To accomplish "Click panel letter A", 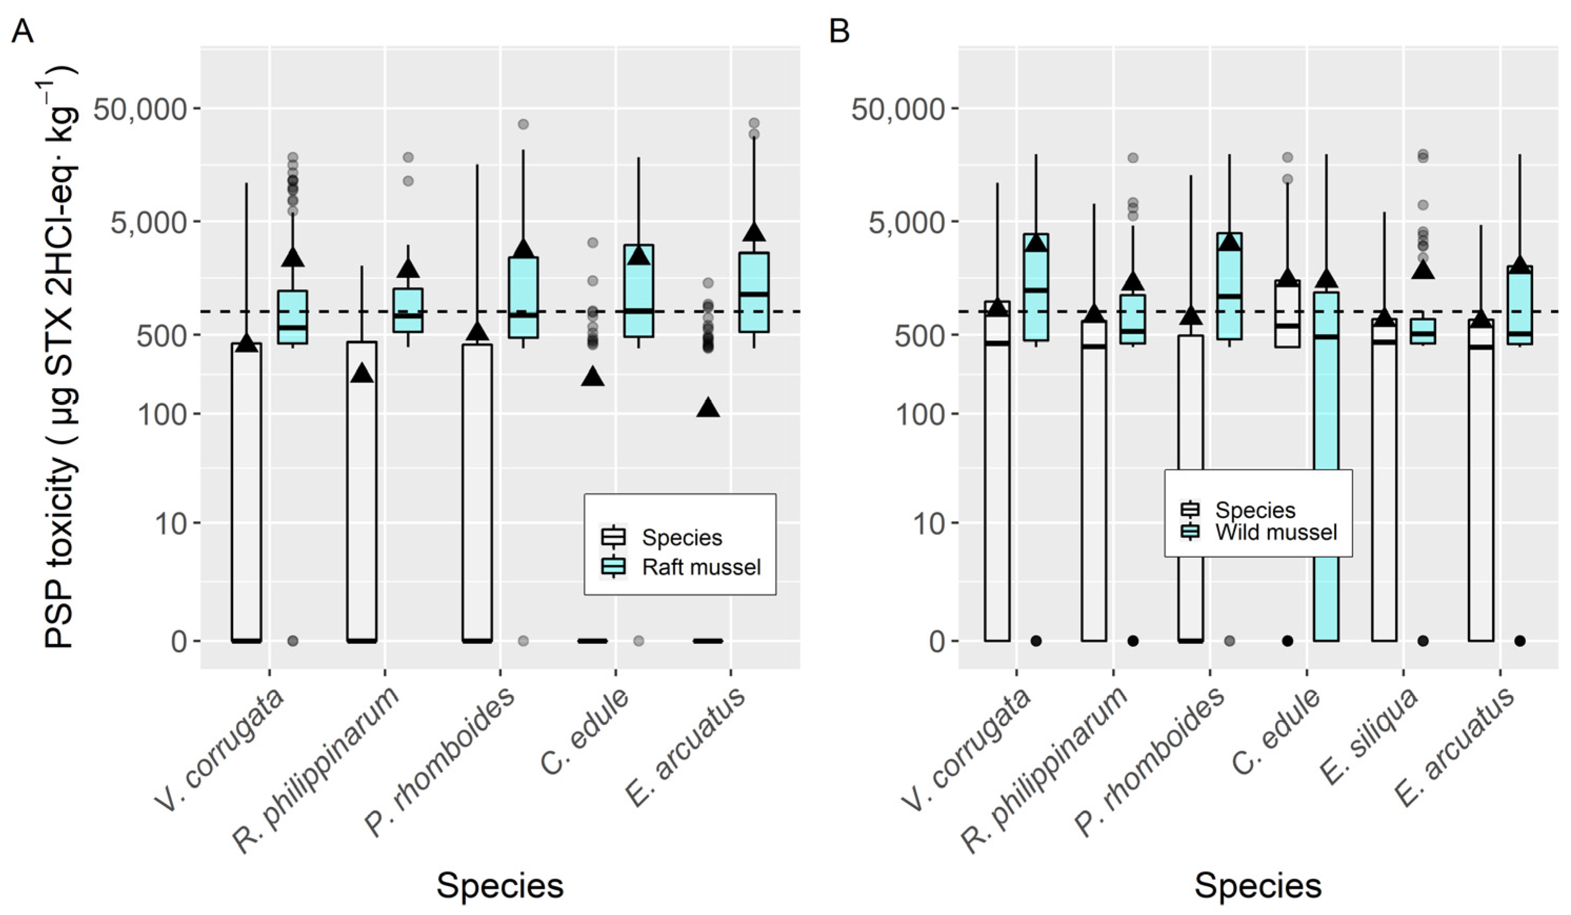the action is pos(23,30).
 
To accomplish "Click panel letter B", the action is pos(839,30).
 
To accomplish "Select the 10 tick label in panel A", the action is pos(171,523).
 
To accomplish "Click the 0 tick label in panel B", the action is pos(938,641).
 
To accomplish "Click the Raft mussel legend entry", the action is pos(701,566).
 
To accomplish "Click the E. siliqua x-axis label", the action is pos(1368,738).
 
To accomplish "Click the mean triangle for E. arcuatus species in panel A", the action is pos(708,408).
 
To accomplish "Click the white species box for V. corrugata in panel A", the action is pos(246,492).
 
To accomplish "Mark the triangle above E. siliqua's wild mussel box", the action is pos(1423,269).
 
